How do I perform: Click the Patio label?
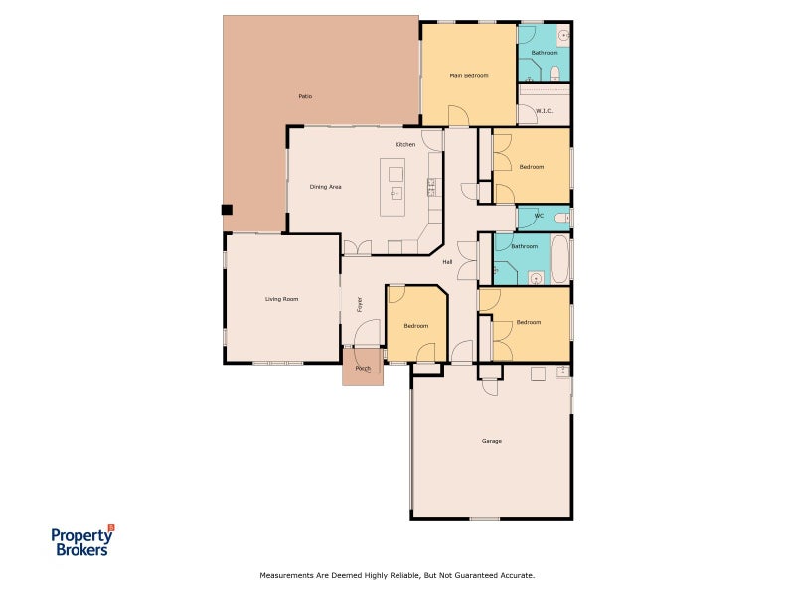[x=305, y=96]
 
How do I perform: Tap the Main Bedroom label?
[x=469, y=76]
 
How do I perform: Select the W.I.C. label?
[x=544, y=111]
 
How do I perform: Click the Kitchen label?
[x=405, y=144]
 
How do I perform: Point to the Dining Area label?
[x=326, y=187]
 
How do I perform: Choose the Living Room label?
[x=282, y=299]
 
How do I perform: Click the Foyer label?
[x=360, y=305]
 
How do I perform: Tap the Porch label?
[x=363, y=368]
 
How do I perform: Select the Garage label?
[x=492, y=441]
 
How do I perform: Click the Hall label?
[x=447, y=262]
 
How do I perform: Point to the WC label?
[x=539, y=216]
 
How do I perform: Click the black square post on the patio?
[x=227, y=210]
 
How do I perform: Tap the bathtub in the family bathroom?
[x=559, y=258]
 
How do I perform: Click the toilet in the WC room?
[x=561, y=219]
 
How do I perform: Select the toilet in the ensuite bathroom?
[x=555, y=74]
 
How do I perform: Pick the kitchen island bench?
[x=393, y=187]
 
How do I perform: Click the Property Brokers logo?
[x=82, y=540]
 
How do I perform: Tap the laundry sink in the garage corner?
[x=562, y=372]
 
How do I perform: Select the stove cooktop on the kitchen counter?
[x=432, y=187]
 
